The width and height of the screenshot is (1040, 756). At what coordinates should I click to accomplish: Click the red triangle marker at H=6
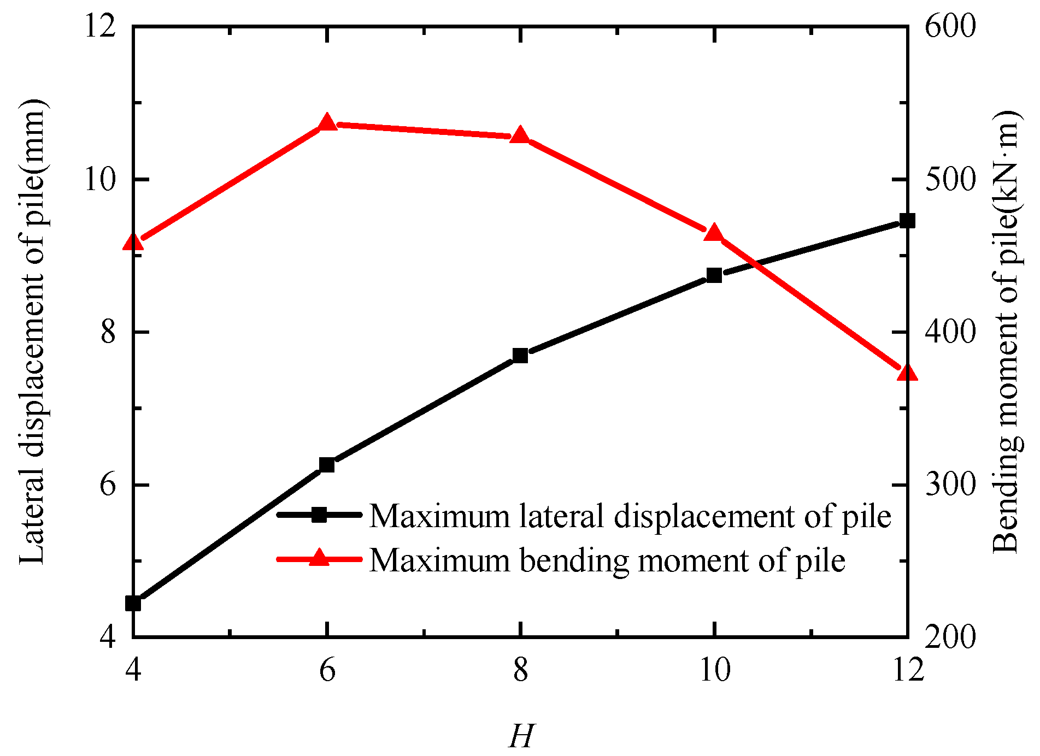click(x=327, y=123)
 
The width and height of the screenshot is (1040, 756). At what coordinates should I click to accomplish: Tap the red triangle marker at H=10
click(x=714, y=233)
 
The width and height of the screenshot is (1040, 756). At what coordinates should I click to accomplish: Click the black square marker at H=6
click(x=327, y=465)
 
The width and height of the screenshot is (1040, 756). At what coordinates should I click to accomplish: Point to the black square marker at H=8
click(x=520, y=356)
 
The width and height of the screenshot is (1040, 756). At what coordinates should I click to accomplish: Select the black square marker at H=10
click(x=714, y=275)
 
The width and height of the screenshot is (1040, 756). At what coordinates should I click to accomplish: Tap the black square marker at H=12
click(x=907, y=221)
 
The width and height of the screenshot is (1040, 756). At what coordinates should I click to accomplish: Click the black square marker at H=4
click(x=133, y=604)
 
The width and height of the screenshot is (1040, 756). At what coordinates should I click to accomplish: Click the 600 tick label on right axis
click(x=950, y=26)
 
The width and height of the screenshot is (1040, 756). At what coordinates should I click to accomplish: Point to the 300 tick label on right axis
click(x=950, y=485)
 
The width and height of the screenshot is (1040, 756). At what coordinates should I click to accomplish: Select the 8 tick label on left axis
click(x=108, y=332)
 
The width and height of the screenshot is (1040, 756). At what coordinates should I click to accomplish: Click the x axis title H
click(x=521, y=736)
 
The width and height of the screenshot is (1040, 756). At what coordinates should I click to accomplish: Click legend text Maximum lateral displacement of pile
click(x=630, y=516)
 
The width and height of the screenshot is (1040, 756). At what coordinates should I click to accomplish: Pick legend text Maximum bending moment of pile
click(x=607, y=560)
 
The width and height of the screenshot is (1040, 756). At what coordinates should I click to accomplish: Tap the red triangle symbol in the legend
click(x=319, y=558)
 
